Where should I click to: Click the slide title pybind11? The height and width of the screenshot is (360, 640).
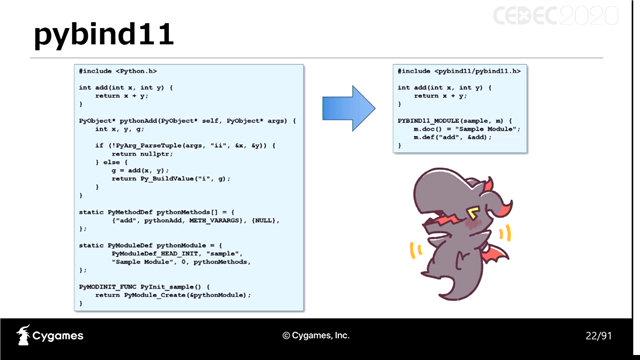coord(103,36)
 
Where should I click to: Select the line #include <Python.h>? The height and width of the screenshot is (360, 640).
coord(117,72)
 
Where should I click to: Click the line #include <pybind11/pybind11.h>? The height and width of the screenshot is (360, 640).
coord(458,72)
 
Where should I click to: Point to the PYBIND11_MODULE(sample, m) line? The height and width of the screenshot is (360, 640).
coord(453,120)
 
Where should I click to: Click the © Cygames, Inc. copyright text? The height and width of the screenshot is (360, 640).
coord(316,335)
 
